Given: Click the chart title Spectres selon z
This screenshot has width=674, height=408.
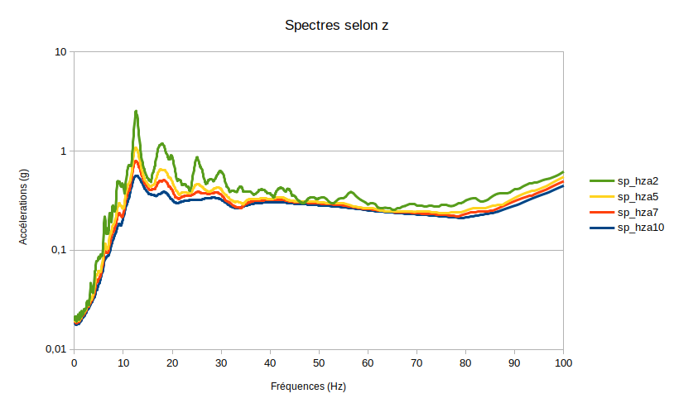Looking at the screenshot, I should pyautogui.click(x=337, y=25).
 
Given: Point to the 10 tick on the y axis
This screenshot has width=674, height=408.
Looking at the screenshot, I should pyautogui.click(x=60, y=51).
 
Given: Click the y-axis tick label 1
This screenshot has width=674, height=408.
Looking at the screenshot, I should pyautogui.click(x=64, y=151).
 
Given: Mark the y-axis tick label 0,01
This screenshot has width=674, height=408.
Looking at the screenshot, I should pyautogui.click(x=55, y=349).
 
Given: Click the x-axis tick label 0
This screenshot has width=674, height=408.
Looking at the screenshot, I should pyautogui.click(x=75, y=362).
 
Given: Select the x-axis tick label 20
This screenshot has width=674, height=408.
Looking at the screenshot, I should pyautogui.click(x=172, y=362).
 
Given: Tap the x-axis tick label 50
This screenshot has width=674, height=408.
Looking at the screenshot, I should pyautogui.click(x=319, y=362).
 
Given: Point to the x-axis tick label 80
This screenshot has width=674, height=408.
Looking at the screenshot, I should pyautogui.click(x=465, y=362).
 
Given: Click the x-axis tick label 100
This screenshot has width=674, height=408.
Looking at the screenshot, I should pyautogui.click(x=563, y=362).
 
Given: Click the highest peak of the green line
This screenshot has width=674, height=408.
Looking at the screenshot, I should pyautogui.click(x=136, y=111).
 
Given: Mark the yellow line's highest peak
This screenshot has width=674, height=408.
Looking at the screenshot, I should pyautogui.click(x=136, y=148).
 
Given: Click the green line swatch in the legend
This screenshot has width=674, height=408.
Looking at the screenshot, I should pyautogui.click(x=601, y=180).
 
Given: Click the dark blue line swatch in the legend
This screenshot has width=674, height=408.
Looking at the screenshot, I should pyautogui.click(x=601, y=228).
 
